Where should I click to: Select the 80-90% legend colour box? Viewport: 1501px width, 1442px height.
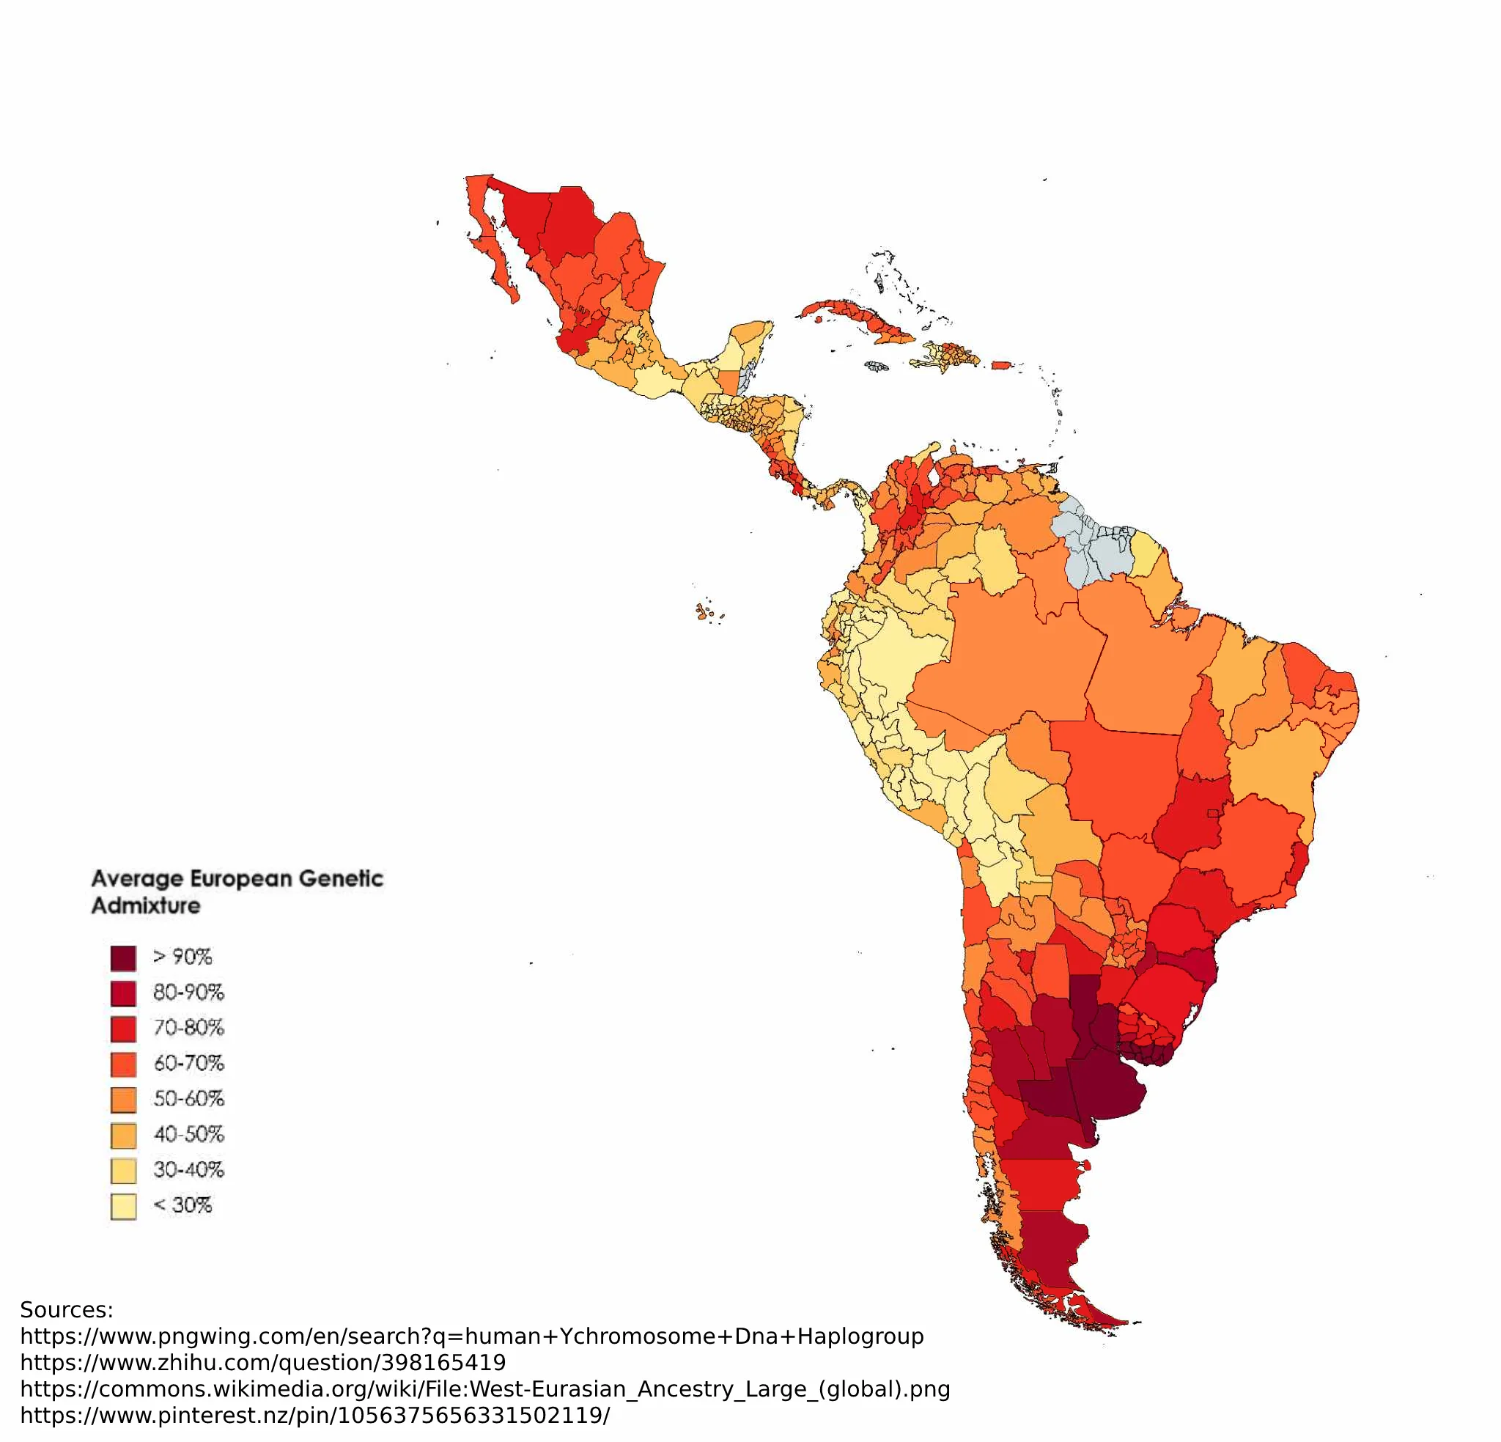[x=123, y=994]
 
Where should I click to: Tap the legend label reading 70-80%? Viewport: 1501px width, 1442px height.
[x=188, y=1028]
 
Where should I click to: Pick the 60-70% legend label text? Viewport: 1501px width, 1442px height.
[x=188, y=1064]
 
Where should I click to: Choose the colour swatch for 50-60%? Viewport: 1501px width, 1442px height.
[x=123, y=1100]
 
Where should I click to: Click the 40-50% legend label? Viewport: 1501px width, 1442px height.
[x=188, y=1134]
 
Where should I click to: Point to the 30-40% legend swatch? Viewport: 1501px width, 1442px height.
[x=123, y=1171]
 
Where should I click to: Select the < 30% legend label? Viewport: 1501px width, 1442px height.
[x=182, y=1205]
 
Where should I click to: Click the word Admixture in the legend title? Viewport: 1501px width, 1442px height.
[x=146, y=905]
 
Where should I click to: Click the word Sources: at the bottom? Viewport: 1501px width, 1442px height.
[x=67, y=1309]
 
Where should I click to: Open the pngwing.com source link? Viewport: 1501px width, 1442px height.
[x=472, y=1336]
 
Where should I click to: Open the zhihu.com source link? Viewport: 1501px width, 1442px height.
[x=262, y=1362]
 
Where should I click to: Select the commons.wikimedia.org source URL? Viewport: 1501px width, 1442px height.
[x=484, y=1389]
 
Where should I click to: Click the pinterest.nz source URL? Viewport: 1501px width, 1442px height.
[x=314, y=1415]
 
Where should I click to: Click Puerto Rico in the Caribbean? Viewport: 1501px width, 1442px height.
[x=1001, y=366]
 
